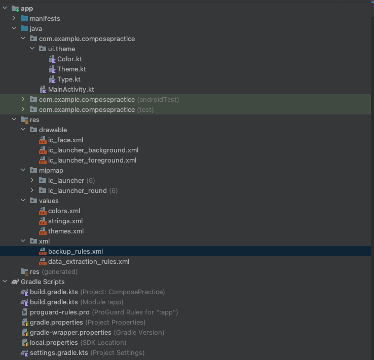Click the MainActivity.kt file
[71, 90]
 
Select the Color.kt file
[69, 59]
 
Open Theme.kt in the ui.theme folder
[71, 69]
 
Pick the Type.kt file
[68, 79]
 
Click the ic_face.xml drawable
[65, 140]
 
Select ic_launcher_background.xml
[93, 150]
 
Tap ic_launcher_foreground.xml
[92, 161]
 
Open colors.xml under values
[64, 211]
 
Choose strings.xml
[65, 221]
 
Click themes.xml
[66, 231]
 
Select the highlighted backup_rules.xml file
[76, 252]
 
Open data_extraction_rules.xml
[89, 262]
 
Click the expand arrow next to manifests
[14, 19]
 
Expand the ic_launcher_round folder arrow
[32, 191]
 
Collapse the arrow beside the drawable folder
[23, 130]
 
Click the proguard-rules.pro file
[59, 312]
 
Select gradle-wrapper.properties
[70, 333]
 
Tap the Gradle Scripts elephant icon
[15, 282]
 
